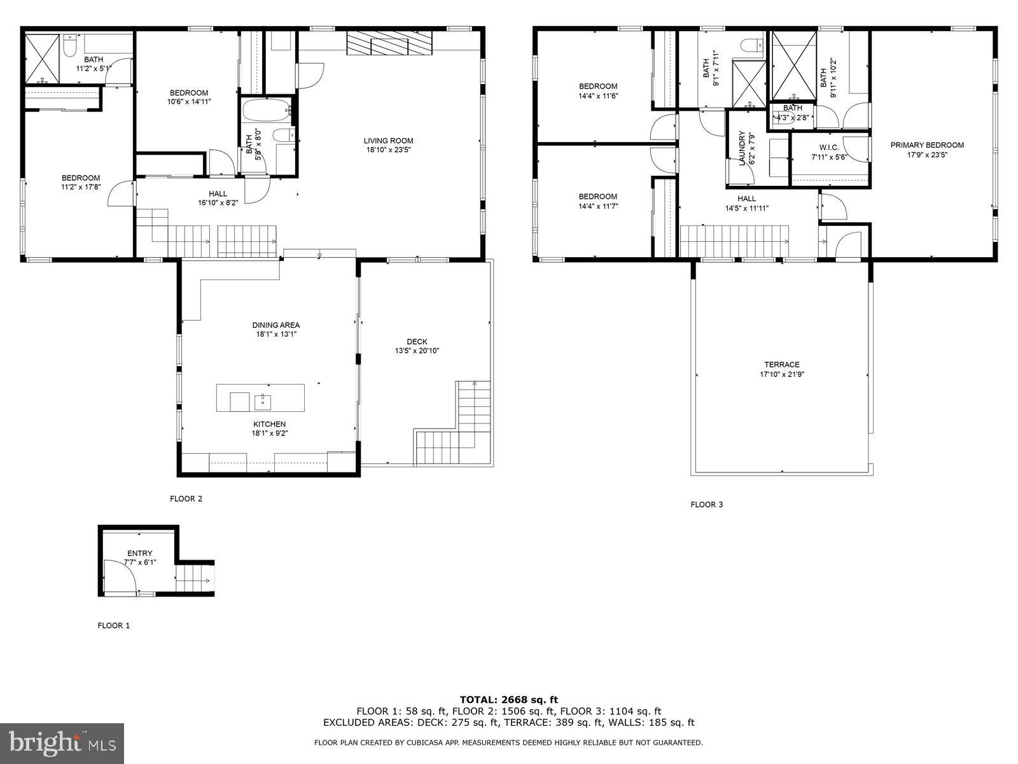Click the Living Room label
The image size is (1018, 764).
pyautogui.click(x=388, y=141)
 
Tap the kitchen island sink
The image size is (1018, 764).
pyautogui.click(x=263, y=401)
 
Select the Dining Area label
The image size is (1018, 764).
pyautogui.click(x=276, y=325)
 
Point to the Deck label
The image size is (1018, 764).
pyautogui.click(x=417, y=342)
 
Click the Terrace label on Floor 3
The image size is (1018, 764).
pyautogui.click(x=782, y=365)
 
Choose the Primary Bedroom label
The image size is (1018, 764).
pyautogui.click(x=927, y=145)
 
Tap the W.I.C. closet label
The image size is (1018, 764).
pyautogui.click(x=829, y=148)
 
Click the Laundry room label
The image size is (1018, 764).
pyautogui.click(x=741, y=148)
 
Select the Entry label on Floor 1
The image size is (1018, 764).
pyautogui.click(x=139, y=553)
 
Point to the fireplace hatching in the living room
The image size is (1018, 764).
pyautogui.click(x=389, y=43)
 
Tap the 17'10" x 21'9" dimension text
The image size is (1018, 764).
pyautogui.click(x=782, y=374)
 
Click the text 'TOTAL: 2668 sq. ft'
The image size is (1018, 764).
pyautogui.click(x=509, y=700)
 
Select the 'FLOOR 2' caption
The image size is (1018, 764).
pyautogui.click(x=186, y=499)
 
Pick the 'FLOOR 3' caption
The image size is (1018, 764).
pyautogui.click(x=707, y=504)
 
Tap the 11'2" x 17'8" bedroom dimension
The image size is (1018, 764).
pyautogui.click(x=81, y=187)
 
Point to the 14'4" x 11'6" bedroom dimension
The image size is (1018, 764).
pyautogui.click(x=598, y=96)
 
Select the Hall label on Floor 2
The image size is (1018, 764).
pyautogui.click(x=218, y=194)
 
